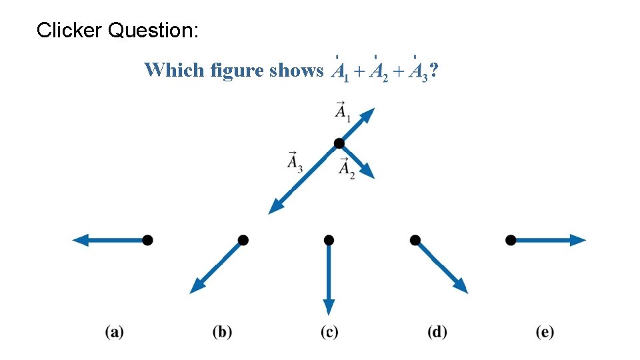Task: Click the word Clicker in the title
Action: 69,30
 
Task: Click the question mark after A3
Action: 434,70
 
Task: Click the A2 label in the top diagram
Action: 347,169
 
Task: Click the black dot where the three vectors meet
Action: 339,143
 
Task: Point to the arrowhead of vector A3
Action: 274,208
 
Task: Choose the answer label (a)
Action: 114,331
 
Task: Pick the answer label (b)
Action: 222,331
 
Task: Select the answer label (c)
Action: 329,331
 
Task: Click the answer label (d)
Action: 437,331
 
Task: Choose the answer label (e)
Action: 545,331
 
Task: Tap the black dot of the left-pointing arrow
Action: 147,240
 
